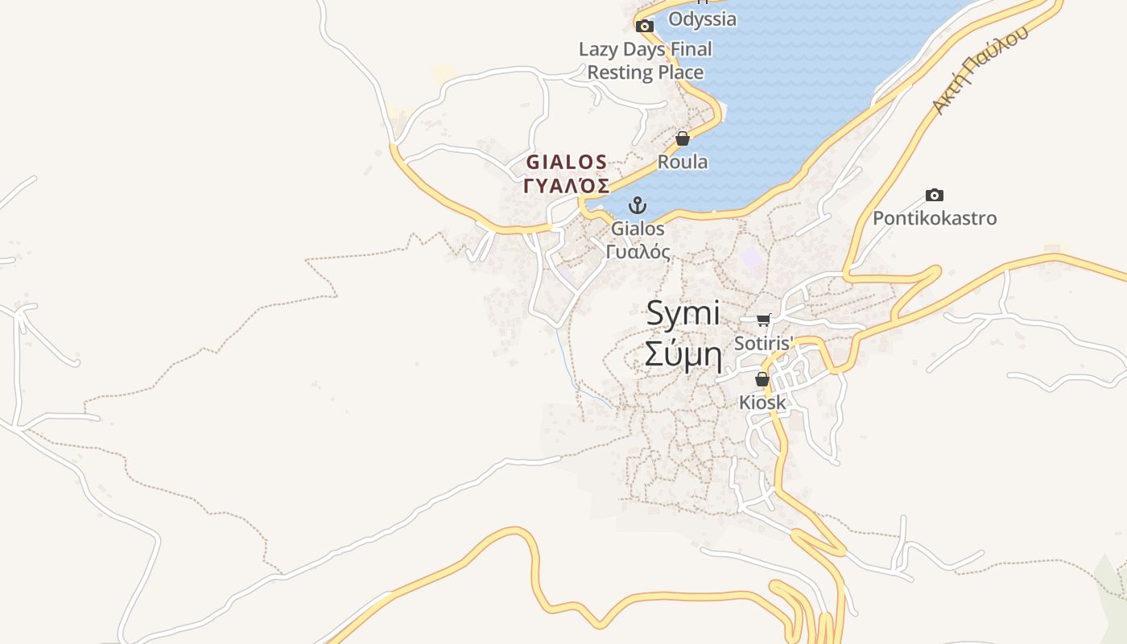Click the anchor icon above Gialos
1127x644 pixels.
point(638,205)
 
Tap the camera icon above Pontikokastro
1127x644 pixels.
point(934,195)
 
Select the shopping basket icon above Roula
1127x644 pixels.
point(683,138)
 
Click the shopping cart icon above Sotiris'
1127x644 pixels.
point(764,320)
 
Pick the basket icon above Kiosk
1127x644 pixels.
point(762,379)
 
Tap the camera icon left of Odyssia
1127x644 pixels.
point(645,26)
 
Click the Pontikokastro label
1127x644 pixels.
point(935,218)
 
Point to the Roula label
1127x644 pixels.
point(683,162)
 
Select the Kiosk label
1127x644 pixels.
point(762,402)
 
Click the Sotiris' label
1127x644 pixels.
point(764,343)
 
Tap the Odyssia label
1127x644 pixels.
point(702,19)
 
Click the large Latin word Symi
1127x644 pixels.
point(683,314)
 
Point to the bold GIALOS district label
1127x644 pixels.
point(567,162)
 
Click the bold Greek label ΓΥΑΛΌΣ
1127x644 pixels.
point(567,186)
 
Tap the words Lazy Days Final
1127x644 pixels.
point(646,49)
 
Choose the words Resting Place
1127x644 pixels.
point(646,72)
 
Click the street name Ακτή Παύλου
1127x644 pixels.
point(980,71)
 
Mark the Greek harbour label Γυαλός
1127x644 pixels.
point(638,251)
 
